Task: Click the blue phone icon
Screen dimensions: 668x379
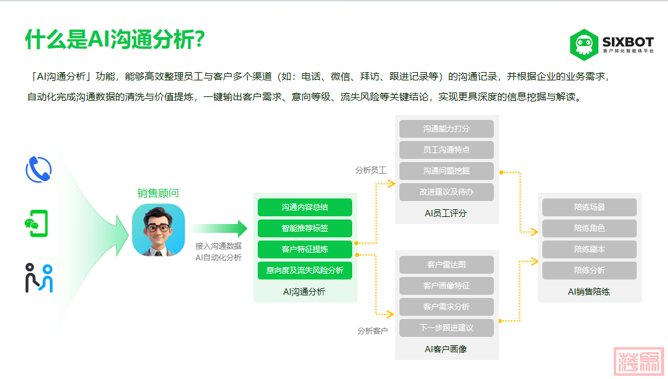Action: (x=39, y=170)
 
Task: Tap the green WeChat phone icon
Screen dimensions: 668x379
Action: (x=36, y=223)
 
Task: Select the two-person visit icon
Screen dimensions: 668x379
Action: (x=39, y=278)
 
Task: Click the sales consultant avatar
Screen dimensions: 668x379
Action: (x=158, y=230)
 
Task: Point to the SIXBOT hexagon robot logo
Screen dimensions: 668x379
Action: (x=584, y=45)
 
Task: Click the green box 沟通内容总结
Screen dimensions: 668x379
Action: (x=305, y=207)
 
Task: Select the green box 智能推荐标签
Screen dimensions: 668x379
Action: (x=305, y=228)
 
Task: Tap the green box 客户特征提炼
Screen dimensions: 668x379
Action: (x=305, y=249)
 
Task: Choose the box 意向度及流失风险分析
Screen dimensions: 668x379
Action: (x=305, y=271)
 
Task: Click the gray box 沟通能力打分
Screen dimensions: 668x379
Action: (x=447, y=129)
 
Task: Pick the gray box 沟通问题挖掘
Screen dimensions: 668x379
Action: (x=447, y=171)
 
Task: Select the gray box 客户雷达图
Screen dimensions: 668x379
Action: (x=447, y=264)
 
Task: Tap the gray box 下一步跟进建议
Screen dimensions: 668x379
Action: (x=447, y=328)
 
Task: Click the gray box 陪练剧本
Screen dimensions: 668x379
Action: (x=590, y=249)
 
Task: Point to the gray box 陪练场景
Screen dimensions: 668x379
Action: (x=590, y=207)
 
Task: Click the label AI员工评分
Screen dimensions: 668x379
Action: (x=445, y=213)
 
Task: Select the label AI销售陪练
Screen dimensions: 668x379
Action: (x=589, y=292)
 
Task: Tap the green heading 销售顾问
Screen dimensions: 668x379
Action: (x=158, y=193)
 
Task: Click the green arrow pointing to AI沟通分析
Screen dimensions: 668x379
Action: (x=219, y=228)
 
